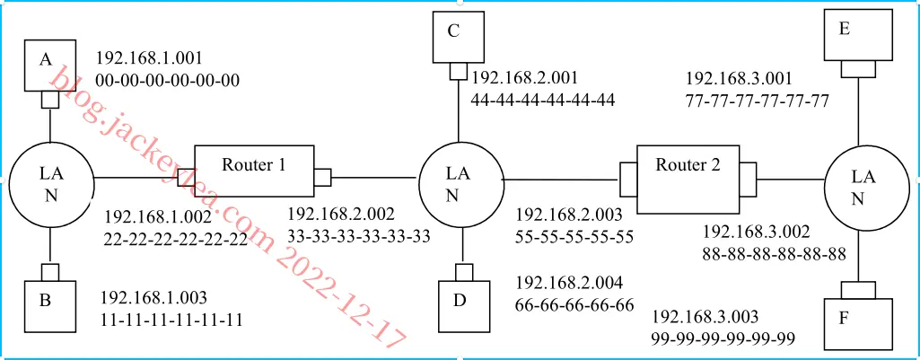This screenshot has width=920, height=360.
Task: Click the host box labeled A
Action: (x=50, y=66)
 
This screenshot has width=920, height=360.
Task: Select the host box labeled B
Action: (x=50, y=306)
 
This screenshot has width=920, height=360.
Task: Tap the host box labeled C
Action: (x=459, y=38)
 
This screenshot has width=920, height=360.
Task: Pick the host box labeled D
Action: (x=463, y=306)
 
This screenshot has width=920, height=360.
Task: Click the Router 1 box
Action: (x=254, y=171)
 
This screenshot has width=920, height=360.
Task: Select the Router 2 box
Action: (x=688, y=180)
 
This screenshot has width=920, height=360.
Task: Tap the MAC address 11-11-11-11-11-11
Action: (x=171, y=320)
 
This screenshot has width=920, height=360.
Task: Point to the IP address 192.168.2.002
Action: (x=341, y=213)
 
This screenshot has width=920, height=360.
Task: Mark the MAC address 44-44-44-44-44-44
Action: (x=543, y=100)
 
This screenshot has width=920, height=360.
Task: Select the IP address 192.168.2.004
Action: (x=569, y=283)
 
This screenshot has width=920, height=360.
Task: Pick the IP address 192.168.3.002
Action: (x=757, y=232)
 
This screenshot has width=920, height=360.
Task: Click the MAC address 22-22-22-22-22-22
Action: (x=175, y=240)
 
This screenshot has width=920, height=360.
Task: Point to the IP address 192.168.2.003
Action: (x=569, y=215)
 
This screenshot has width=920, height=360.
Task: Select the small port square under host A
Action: (x=50, y=101)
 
